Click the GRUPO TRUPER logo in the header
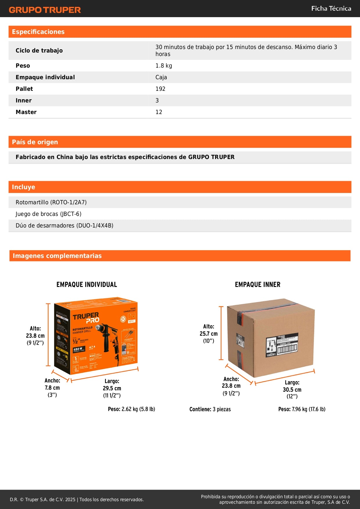(x=45, y=10)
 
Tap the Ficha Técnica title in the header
(x=331, y=8)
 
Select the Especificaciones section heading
(x=38, y=32)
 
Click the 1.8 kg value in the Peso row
(x=164, y=66)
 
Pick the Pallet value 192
(x=160, y=89)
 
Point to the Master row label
(x=26, y=112)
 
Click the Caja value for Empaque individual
(x=161, y=77)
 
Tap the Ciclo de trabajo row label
(x=39, y=50)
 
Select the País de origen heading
(x=35, y=142)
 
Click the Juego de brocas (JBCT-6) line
(x=48, y=214)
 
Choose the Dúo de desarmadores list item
(x=64, y=225)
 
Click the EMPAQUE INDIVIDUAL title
(x=87, y=284)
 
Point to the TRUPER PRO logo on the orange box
(x=86, y=318)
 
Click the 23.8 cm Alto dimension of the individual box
(x=35, y=335)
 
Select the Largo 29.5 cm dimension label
(x=112, y=388)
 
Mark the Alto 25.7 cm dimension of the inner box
(x=209, y=333)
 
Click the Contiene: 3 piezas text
(x=210, y=409)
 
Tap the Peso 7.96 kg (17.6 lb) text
(x=302, y=409)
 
